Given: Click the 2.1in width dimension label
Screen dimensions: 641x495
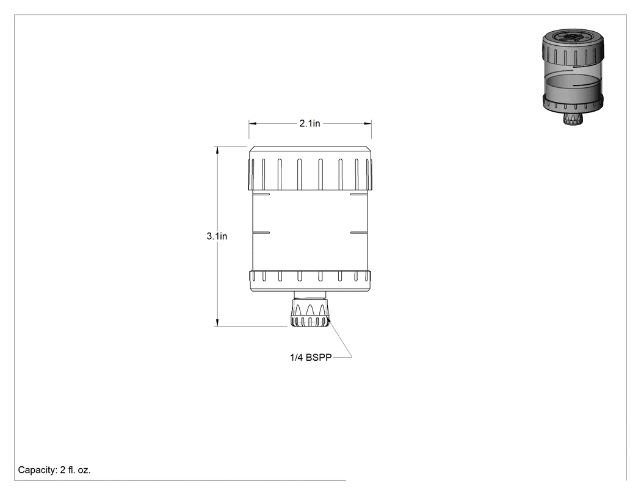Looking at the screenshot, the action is point(310,123).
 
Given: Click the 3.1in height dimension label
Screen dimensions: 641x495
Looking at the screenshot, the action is point(217,236).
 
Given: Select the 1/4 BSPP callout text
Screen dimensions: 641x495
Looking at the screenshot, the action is point(311,357).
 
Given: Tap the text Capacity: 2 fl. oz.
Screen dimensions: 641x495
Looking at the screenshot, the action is point(54,470).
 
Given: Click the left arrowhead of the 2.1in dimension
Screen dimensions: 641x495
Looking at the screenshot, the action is point(252,123).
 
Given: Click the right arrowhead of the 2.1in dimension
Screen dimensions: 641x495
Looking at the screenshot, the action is point(368,123).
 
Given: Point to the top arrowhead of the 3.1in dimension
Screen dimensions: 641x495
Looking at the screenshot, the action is point(217,150).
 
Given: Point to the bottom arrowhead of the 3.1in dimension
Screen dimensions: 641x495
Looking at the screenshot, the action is point(217,323).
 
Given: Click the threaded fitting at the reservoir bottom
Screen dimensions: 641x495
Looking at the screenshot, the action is point(310,313).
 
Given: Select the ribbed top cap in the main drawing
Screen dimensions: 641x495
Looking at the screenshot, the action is point(310,168).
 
